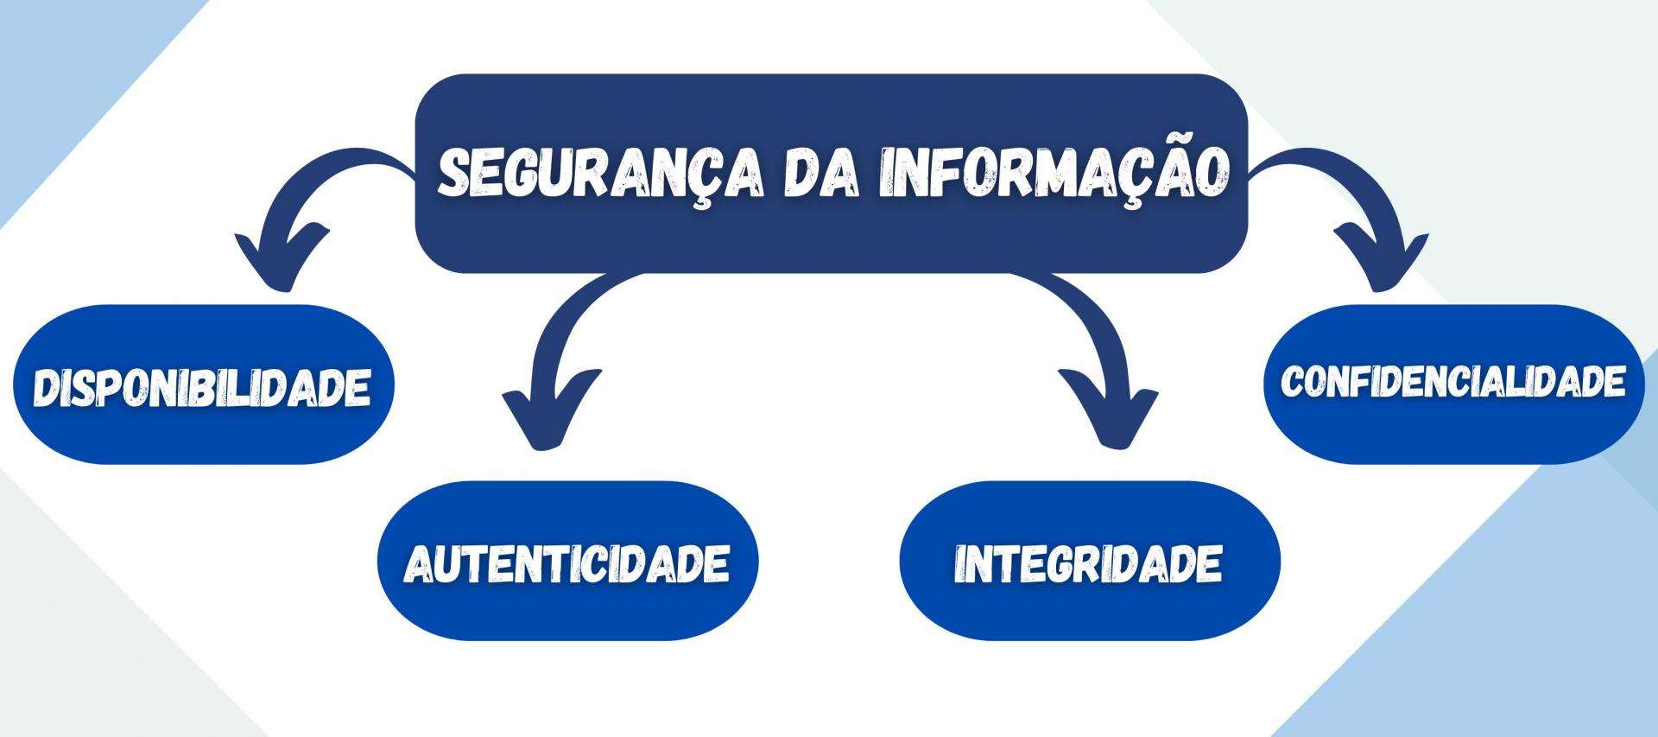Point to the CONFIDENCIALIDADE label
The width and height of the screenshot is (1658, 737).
tap(1452, 381)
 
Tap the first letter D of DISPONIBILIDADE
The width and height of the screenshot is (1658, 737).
tap(45, 386)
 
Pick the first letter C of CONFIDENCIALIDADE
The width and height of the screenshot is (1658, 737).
tap(1293, 381)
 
